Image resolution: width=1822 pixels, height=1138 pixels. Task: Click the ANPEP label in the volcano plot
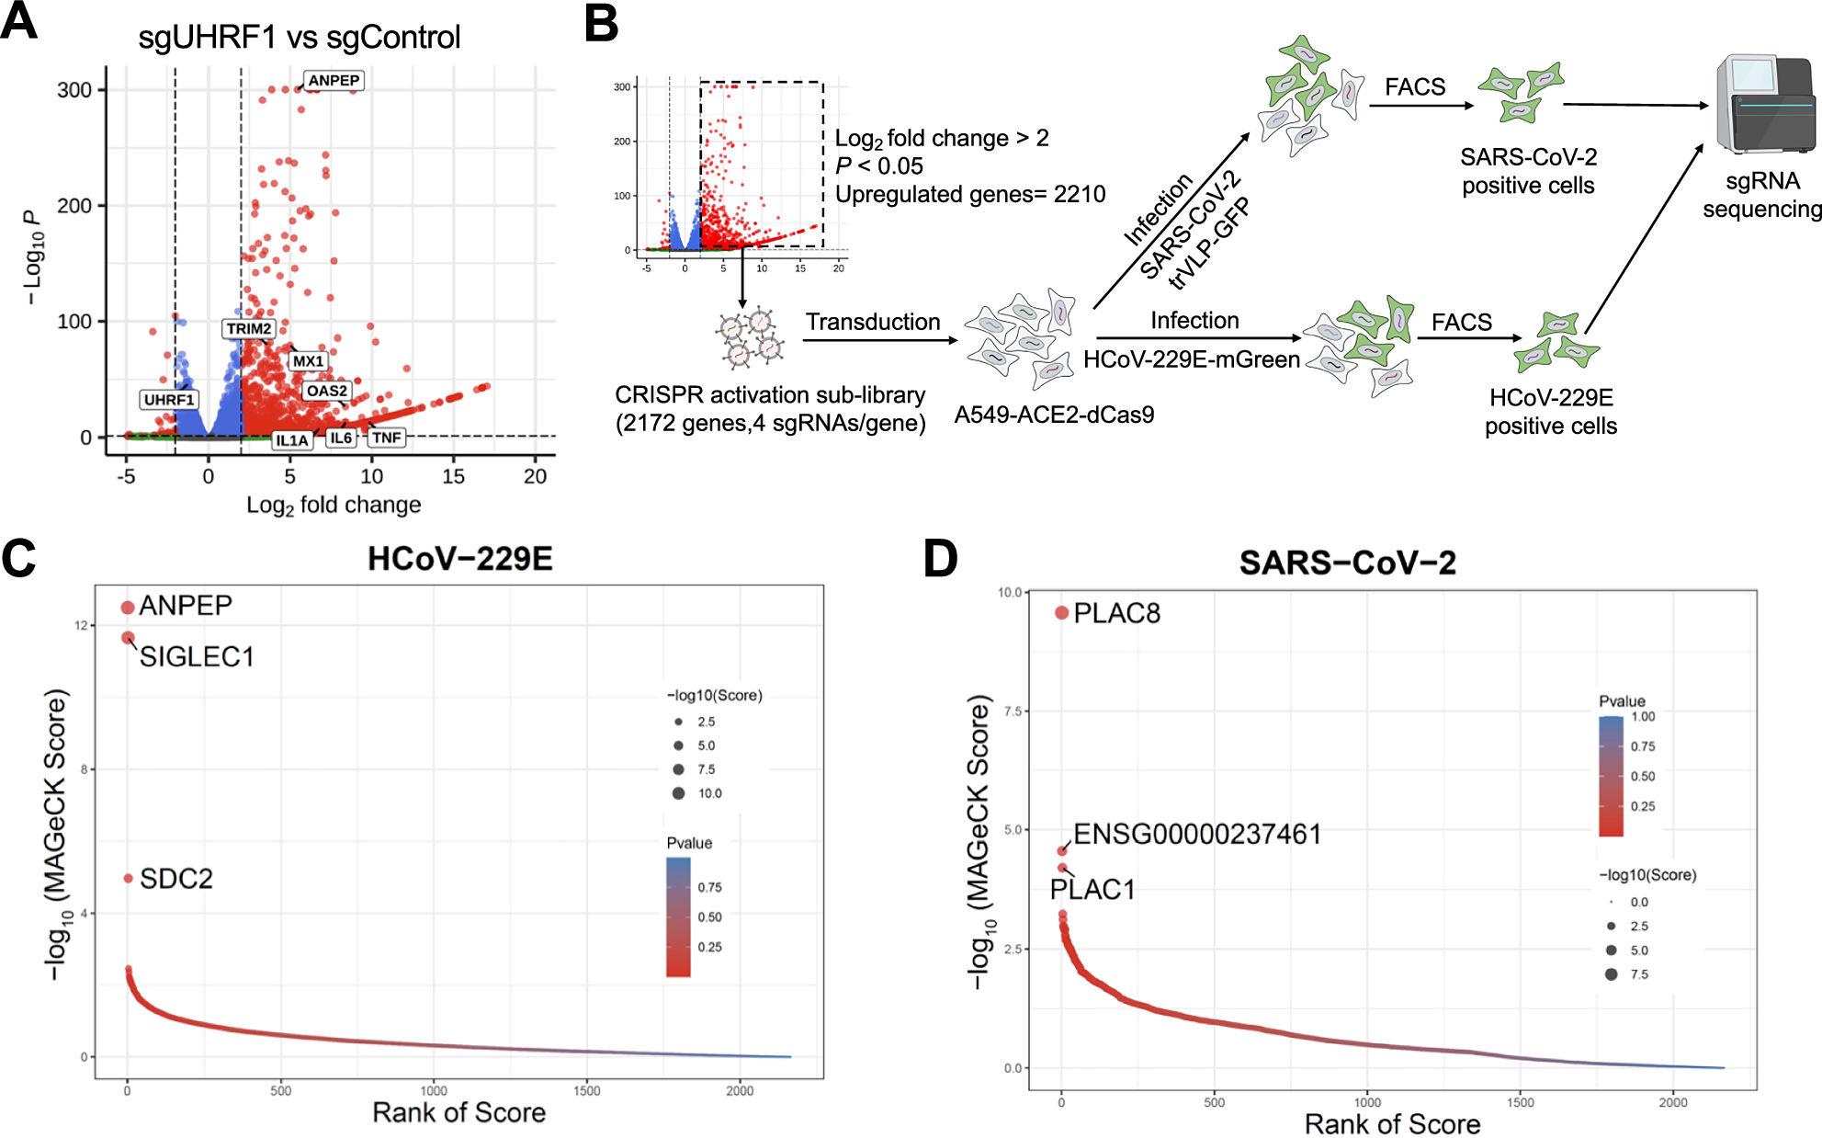(x=334, y=81)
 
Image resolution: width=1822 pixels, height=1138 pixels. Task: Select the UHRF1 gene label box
(x=169, y=400)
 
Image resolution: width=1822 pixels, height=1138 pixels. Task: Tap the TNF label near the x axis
(x=386, y=438)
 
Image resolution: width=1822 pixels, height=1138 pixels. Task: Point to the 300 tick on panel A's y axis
(x=74, y=90)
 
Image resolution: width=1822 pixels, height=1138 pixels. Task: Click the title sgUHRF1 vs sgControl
(x=299, y=38)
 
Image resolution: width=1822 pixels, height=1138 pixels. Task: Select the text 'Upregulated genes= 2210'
(x=969, y=195)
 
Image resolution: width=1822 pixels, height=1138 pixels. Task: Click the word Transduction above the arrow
(x=873, y=323)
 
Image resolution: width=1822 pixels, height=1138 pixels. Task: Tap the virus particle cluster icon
(x=750, y=338)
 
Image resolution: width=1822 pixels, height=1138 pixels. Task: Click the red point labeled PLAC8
(x=1061, y=613)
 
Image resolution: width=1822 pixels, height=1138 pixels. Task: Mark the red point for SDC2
(x=129, y=879)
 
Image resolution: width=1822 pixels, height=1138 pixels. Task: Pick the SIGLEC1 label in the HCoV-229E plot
(x=197, y=657)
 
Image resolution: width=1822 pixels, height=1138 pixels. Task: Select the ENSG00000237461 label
(x=1196, y=835)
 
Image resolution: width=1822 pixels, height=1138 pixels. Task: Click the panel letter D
(x=940, y=559)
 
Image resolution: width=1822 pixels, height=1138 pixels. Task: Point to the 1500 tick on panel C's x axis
(x=587, y=1091)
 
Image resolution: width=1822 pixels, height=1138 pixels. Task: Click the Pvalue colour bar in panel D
(x=1611, y=776)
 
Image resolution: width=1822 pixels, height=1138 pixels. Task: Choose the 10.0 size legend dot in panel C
(x=678, y=793)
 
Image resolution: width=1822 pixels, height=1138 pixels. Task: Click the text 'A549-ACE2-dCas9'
(x=1054, y=415)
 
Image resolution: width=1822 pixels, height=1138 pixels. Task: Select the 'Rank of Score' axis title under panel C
(x=458, y=1113)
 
